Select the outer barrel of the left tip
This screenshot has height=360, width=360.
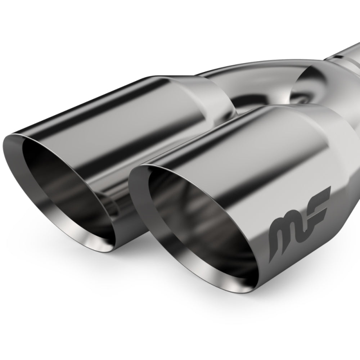pos(119,108)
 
